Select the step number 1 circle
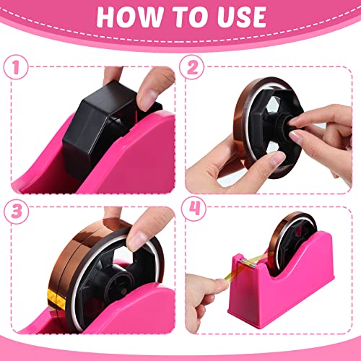point(14,66)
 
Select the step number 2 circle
point(193,66)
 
